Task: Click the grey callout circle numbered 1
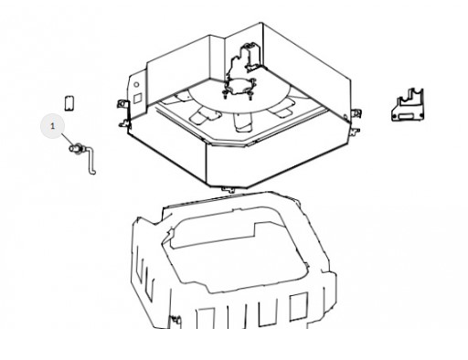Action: coord(52,126)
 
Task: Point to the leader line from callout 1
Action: coord(68,140)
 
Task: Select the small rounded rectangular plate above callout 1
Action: coord(69,103)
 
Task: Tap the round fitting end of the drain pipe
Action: coord(76,148)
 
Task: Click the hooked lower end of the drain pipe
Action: coord(92,173)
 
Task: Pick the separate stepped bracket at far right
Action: coord(408,105)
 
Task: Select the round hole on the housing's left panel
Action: coord(136,85)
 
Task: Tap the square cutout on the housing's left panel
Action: coord(138,98)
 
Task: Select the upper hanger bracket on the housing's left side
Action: coord(122,103)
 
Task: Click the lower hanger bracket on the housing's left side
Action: coord(124,123)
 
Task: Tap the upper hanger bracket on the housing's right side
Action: coord(356,113)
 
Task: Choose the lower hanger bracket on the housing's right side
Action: coord(355,132)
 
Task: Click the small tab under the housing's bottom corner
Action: coord(229,190)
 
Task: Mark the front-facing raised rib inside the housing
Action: coord(243,122)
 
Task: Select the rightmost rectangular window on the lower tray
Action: coord(298,306)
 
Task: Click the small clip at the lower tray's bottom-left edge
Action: coord(175,320)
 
